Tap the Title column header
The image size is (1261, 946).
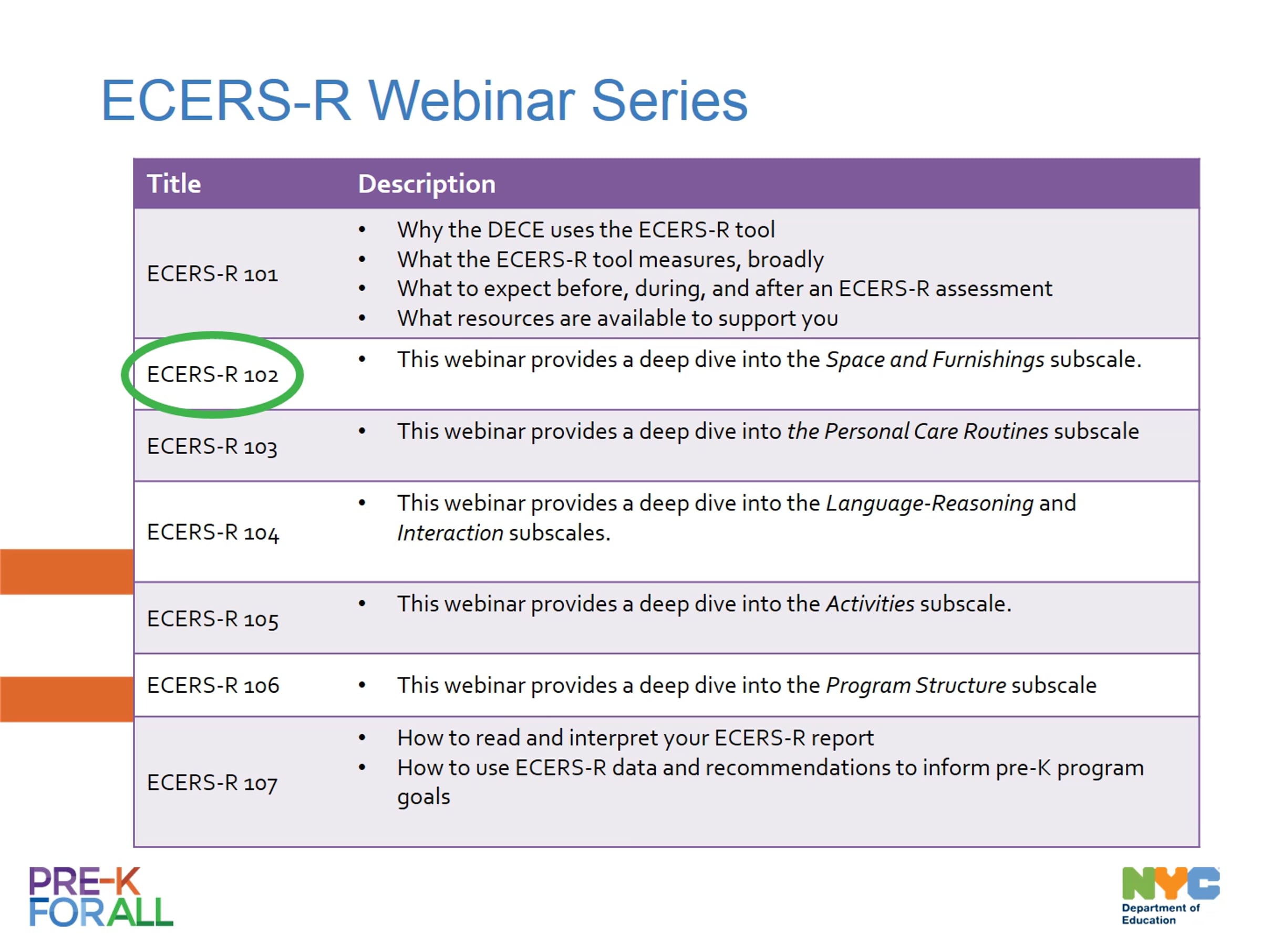[174, 183]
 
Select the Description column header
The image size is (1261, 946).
[427, 184]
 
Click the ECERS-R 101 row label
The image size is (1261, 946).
[213, 274]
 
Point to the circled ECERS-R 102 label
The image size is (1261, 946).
[213, 375]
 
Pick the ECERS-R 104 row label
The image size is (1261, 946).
[213, 532]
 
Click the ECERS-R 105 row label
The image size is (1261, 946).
[213, 619]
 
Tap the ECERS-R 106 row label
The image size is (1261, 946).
[213, 685]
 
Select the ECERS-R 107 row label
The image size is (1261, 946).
[212, 783]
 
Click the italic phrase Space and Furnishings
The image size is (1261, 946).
[935, 360]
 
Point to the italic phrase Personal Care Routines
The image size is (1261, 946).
[936, 431]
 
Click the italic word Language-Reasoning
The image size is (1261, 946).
[930, 504]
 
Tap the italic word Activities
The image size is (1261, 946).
[870, 604]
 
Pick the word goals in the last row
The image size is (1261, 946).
[423, 797]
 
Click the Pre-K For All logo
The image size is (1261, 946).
[101, 897]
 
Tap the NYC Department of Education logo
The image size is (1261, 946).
[1170, 896]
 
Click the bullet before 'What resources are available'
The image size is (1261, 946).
[362, 318]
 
